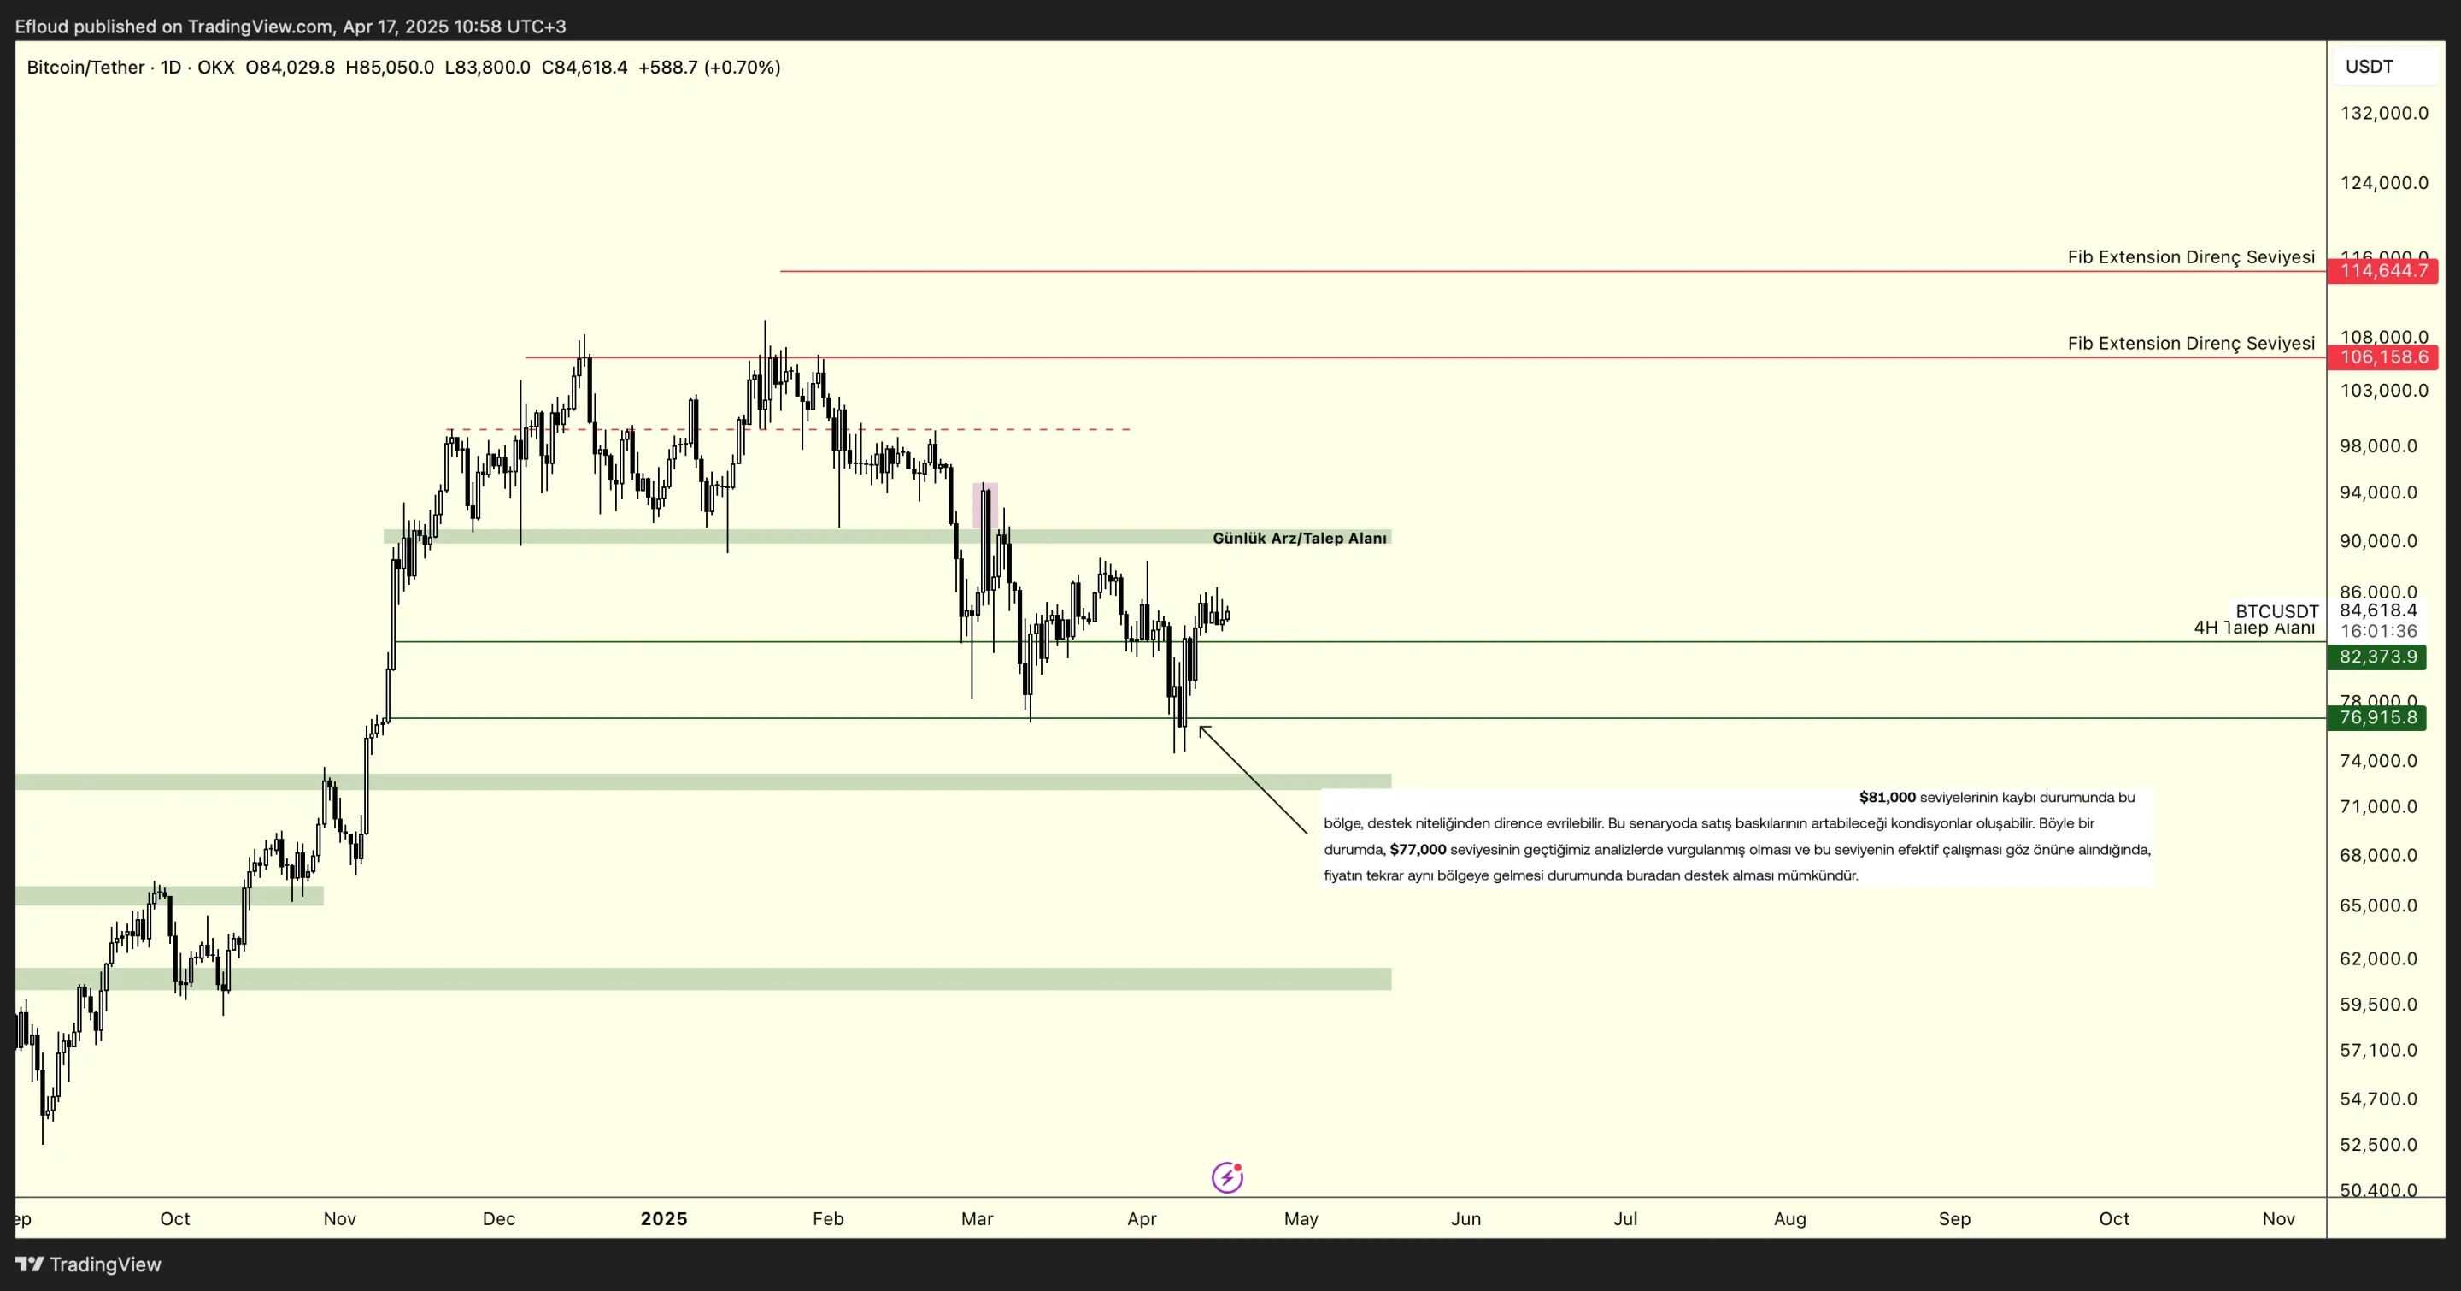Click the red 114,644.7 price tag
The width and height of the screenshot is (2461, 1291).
(2382, 271)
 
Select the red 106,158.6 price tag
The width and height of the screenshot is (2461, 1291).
(2382, 357)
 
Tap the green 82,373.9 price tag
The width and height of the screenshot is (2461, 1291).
(2378, 657)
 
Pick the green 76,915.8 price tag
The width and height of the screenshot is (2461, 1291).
(2378, 717)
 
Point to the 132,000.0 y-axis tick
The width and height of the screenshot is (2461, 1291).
(2383, 114)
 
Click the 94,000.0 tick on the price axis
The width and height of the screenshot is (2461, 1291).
(2378, 493)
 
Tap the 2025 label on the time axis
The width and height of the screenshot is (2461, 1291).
(663, 1218)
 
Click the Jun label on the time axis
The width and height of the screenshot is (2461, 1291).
(1465, 1218)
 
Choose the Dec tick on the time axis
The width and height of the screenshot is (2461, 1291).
(499, 1218)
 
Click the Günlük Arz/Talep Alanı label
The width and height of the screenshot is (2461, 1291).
(1299, 538)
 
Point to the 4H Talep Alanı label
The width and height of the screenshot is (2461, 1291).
(2253, 628)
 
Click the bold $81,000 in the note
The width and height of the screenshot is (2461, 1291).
(1887, 797)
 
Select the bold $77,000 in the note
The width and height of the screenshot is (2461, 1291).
(1418, 850)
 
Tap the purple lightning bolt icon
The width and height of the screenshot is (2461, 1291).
(1227, 1177)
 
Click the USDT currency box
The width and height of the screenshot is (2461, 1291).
(2370, 67)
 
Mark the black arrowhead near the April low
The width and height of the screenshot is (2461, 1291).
(1204, 731)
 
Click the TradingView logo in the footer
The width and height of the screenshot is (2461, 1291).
(88, 1264)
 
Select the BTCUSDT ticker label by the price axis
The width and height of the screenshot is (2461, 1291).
(2276, 611)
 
